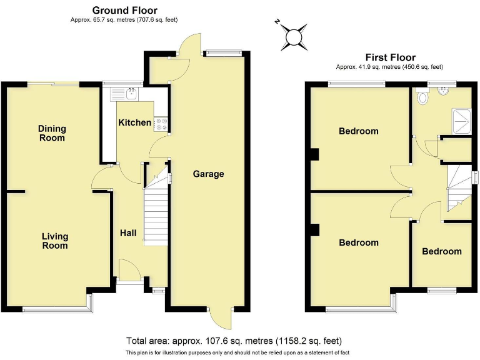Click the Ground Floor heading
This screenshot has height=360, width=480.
pyautogui.click(x=125, y=10)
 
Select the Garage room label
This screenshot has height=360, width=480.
pyautogui.click(x=208, y=174)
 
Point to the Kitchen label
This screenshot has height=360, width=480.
pyautogui.click(x=134, y=122)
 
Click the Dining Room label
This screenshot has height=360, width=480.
pyautogui.click(x=52, y=133)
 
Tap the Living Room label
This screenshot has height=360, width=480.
pyautogui.click(x=55, y=241)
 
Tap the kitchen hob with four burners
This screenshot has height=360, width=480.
pyautogui.click(x=161, y=124)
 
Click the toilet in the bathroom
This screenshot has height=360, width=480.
pyautogui.click(x=424, y=96)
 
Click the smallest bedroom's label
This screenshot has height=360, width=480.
pyautogui.click(x=442, y=251)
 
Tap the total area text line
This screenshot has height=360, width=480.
pyautogui.click(x=234, y=341)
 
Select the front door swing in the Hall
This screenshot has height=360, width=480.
pyautogui.click(x=130, y=270)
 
